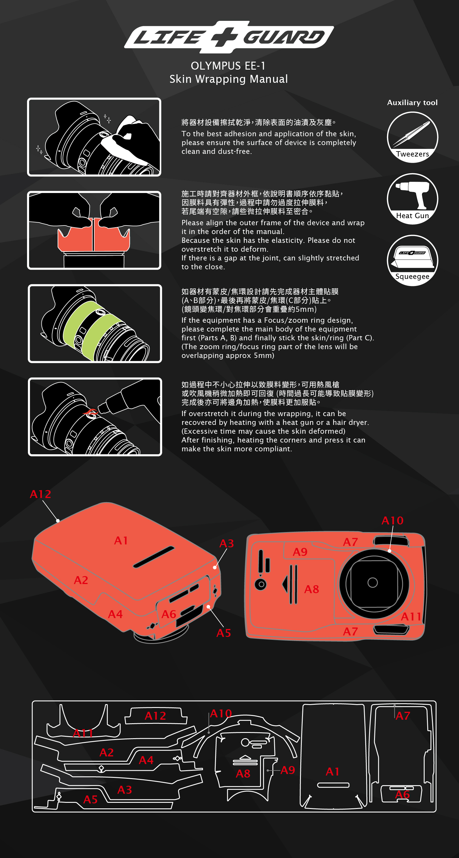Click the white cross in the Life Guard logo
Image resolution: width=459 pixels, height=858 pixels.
coord(225,36)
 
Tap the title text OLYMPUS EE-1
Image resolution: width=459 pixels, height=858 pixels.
coord(228,66)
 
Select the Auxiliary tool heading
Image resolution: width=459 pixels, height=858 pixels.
coord(412,102)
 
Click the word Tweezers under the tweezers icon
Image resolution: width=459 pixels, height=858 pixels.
coord(412,154)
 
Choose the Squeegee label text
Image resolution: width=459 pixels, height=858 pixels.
coord(412,276)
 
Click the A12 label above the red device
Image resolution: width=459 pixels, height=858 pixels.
coord(40,494)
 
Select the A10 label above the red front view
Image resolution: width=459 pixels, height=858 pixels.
coord(392,520)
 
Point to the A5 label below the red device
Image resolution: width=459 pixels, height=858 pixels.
coord(224,633)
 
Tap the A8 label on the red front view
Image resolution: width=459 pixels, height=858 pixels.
coord(312,589)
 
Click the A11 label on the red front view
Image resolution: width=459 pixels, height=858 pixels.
coord(411,617)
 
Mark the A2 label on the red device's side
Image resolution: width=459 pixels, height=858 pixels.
coord(81,580)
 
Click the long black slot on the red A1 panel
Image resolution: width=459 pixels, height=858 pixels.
coord(154,557)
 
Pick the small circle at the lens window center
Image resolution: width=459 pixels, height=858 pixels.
coord(373,583)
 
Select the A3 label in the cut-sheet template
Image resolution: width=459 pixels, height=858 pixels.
coord(125,790)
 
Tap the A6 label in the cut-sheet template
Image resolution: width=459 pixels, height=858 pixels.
coord(402,795)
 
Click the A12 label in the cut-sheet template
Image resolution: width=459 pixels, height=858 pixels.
coord(155,716)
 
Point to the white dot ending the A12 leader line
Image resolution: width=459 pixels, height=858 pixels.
coord(58,521)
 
